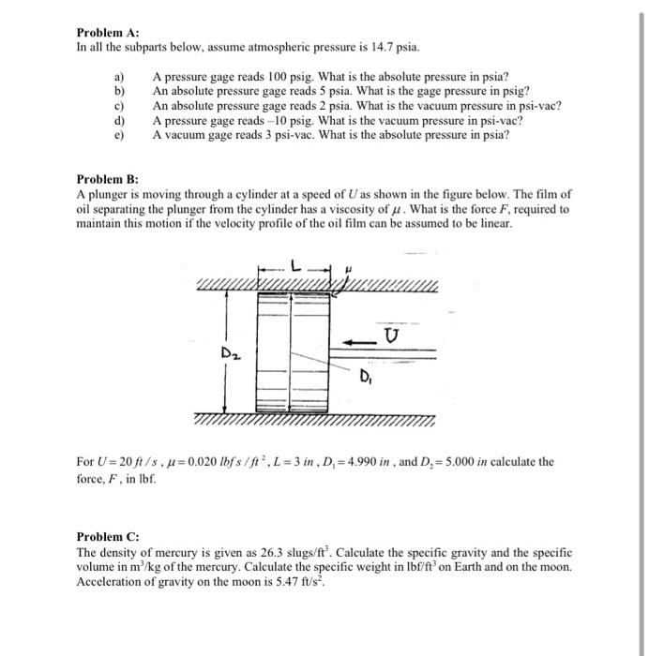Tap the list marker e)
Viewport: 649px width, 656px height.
(119, 134)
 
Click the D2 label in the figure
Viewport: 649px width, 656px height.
(231, 352)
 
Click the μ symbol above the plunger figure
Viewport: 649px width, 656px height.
(347, 269)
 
